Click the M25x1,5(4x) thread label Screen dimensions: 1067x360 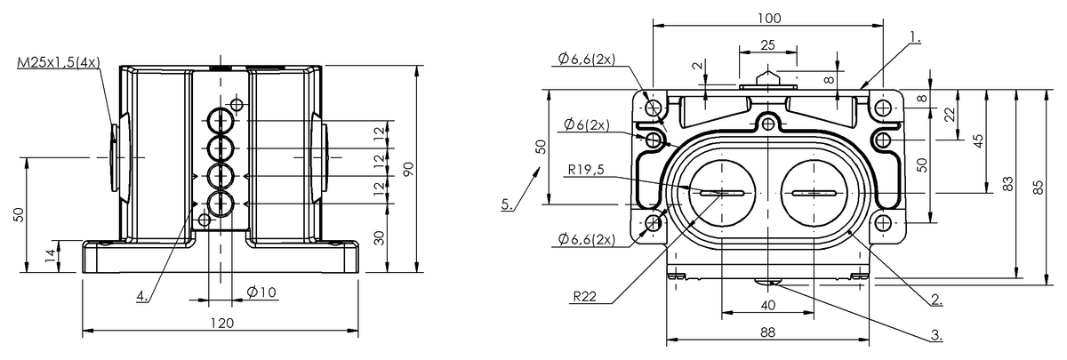[x=59, y=62]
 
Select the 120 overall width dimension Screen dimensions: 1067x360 [x=222, y=324]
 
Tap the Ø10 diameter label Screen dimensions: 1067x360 [x=261, y=292]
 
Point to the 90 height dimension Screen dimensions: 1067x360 [x=409, y=169]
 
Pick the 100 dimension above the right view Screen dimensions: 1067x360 [x=769, y=18]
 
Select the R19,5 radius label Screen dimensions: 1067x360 [x=586, y=169]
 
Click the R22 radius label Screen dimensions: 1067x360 [x=584, y=296]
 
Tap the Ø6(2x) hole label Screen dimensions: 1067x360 [x=586, y=124]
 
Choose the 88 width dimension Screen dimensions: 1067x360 [x=768, y=332]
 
